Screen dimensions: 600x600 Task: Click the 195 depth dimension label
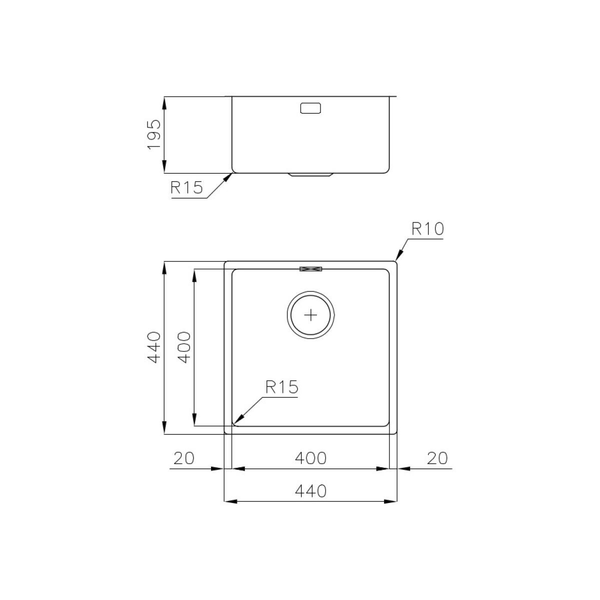154,134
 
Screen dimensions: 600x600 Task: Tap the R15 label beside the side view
186,187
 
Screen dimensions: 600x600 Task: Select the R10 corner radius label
427,229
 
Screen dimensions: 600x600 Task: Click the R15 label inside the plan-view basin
282,387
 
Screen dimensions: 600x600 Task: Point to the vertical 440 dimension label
154,347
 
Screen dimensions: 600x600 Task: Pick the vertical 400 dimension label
184,347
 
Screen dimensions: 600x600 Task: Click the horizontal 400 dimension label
310,458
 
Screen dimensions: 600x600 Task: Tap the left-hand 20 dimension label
183,458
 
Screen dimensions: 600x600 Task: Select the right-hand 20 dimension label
437,458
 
